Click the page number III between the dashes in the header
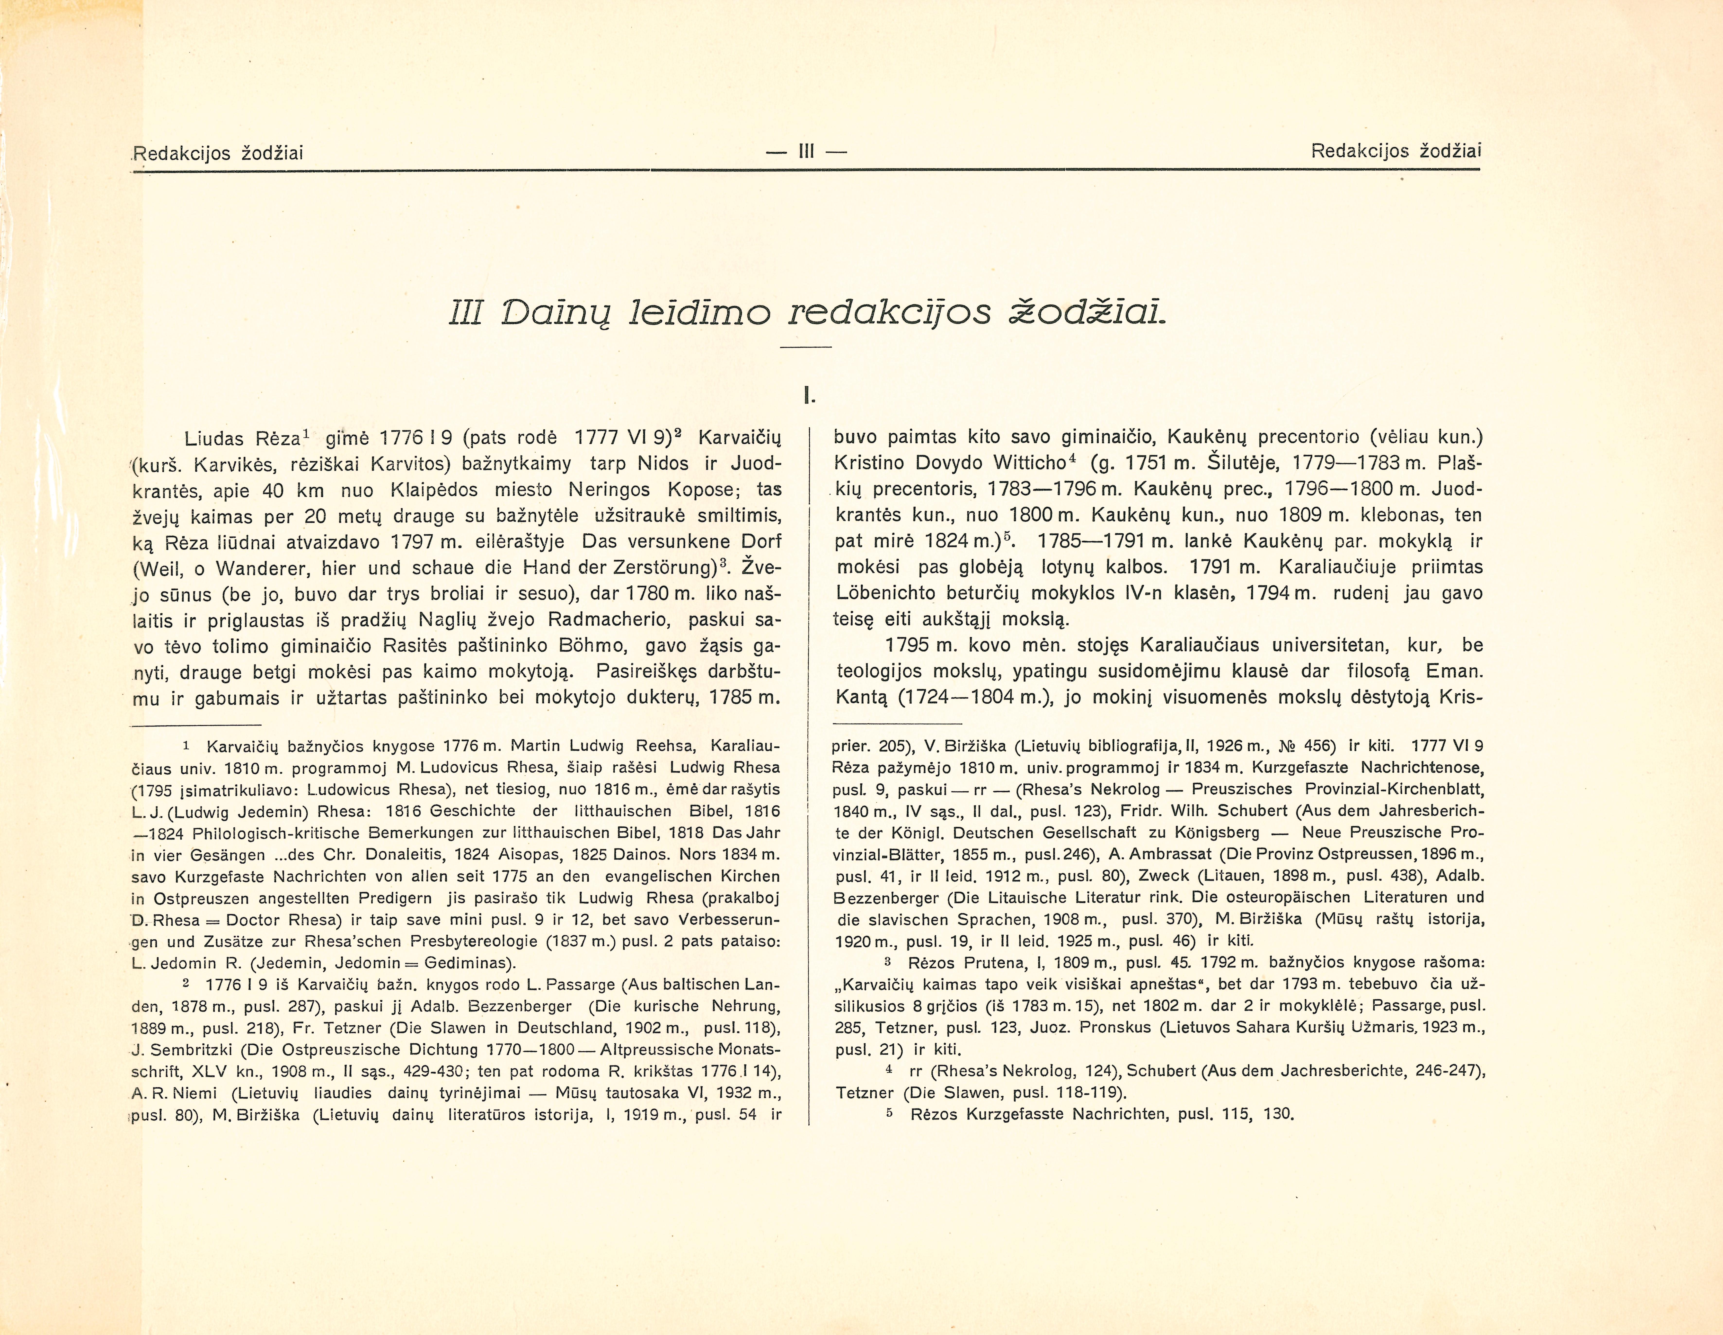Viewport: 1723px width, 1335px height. pos(805,151)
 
